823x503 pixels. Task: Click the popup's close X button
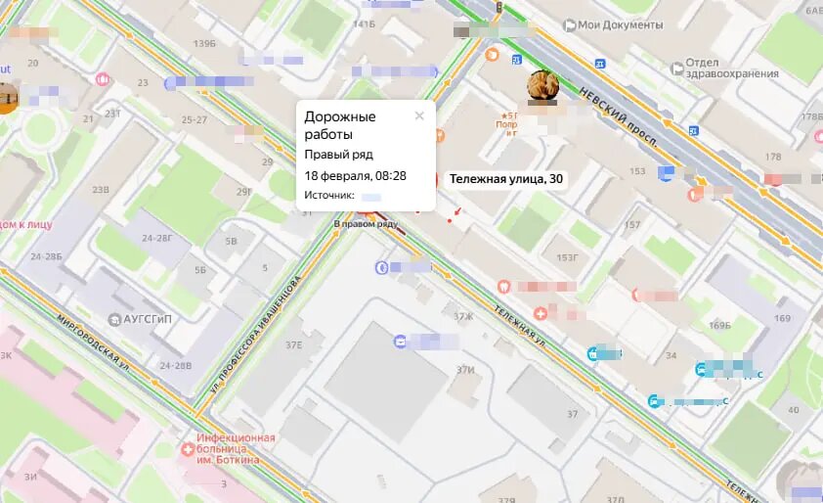[419, 115]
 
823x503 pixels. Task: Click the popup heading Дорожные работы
[339, 124]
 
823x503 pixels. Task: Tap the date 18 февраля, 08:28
[355, 176]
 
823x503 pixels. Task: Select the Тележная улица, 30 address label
[504, 179]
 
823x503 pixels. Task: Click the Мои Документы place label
[620, 24]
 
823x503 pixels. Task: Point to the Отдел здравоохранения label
[725, 68]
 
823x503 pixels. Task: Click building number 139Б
[204, 44]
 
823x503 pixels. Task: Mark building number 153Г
[567, 258]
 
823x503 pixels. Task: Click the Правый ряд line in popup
[338, 155]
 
